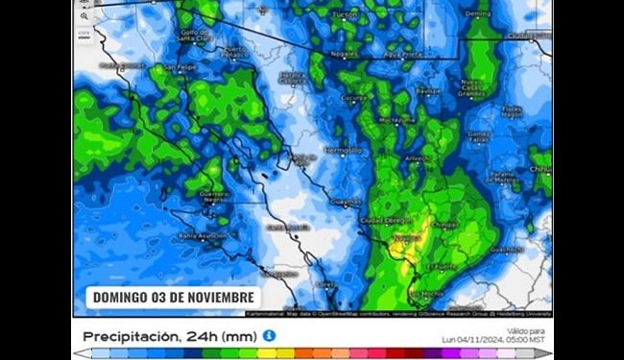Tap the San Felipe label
pyautogui.click(x=179, y=67)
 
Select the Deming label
pyautogui.click(x=477, y=14)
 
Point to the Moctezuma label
pyautogui.click(x=397, y=121)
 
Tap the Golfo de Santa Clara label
pyautogui.click(x=198, y=36)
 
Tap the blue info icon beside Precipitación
pyautogui.click(x=270, y=335)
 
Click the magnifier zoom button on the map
pyautogui.click(x=84, y=16)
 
